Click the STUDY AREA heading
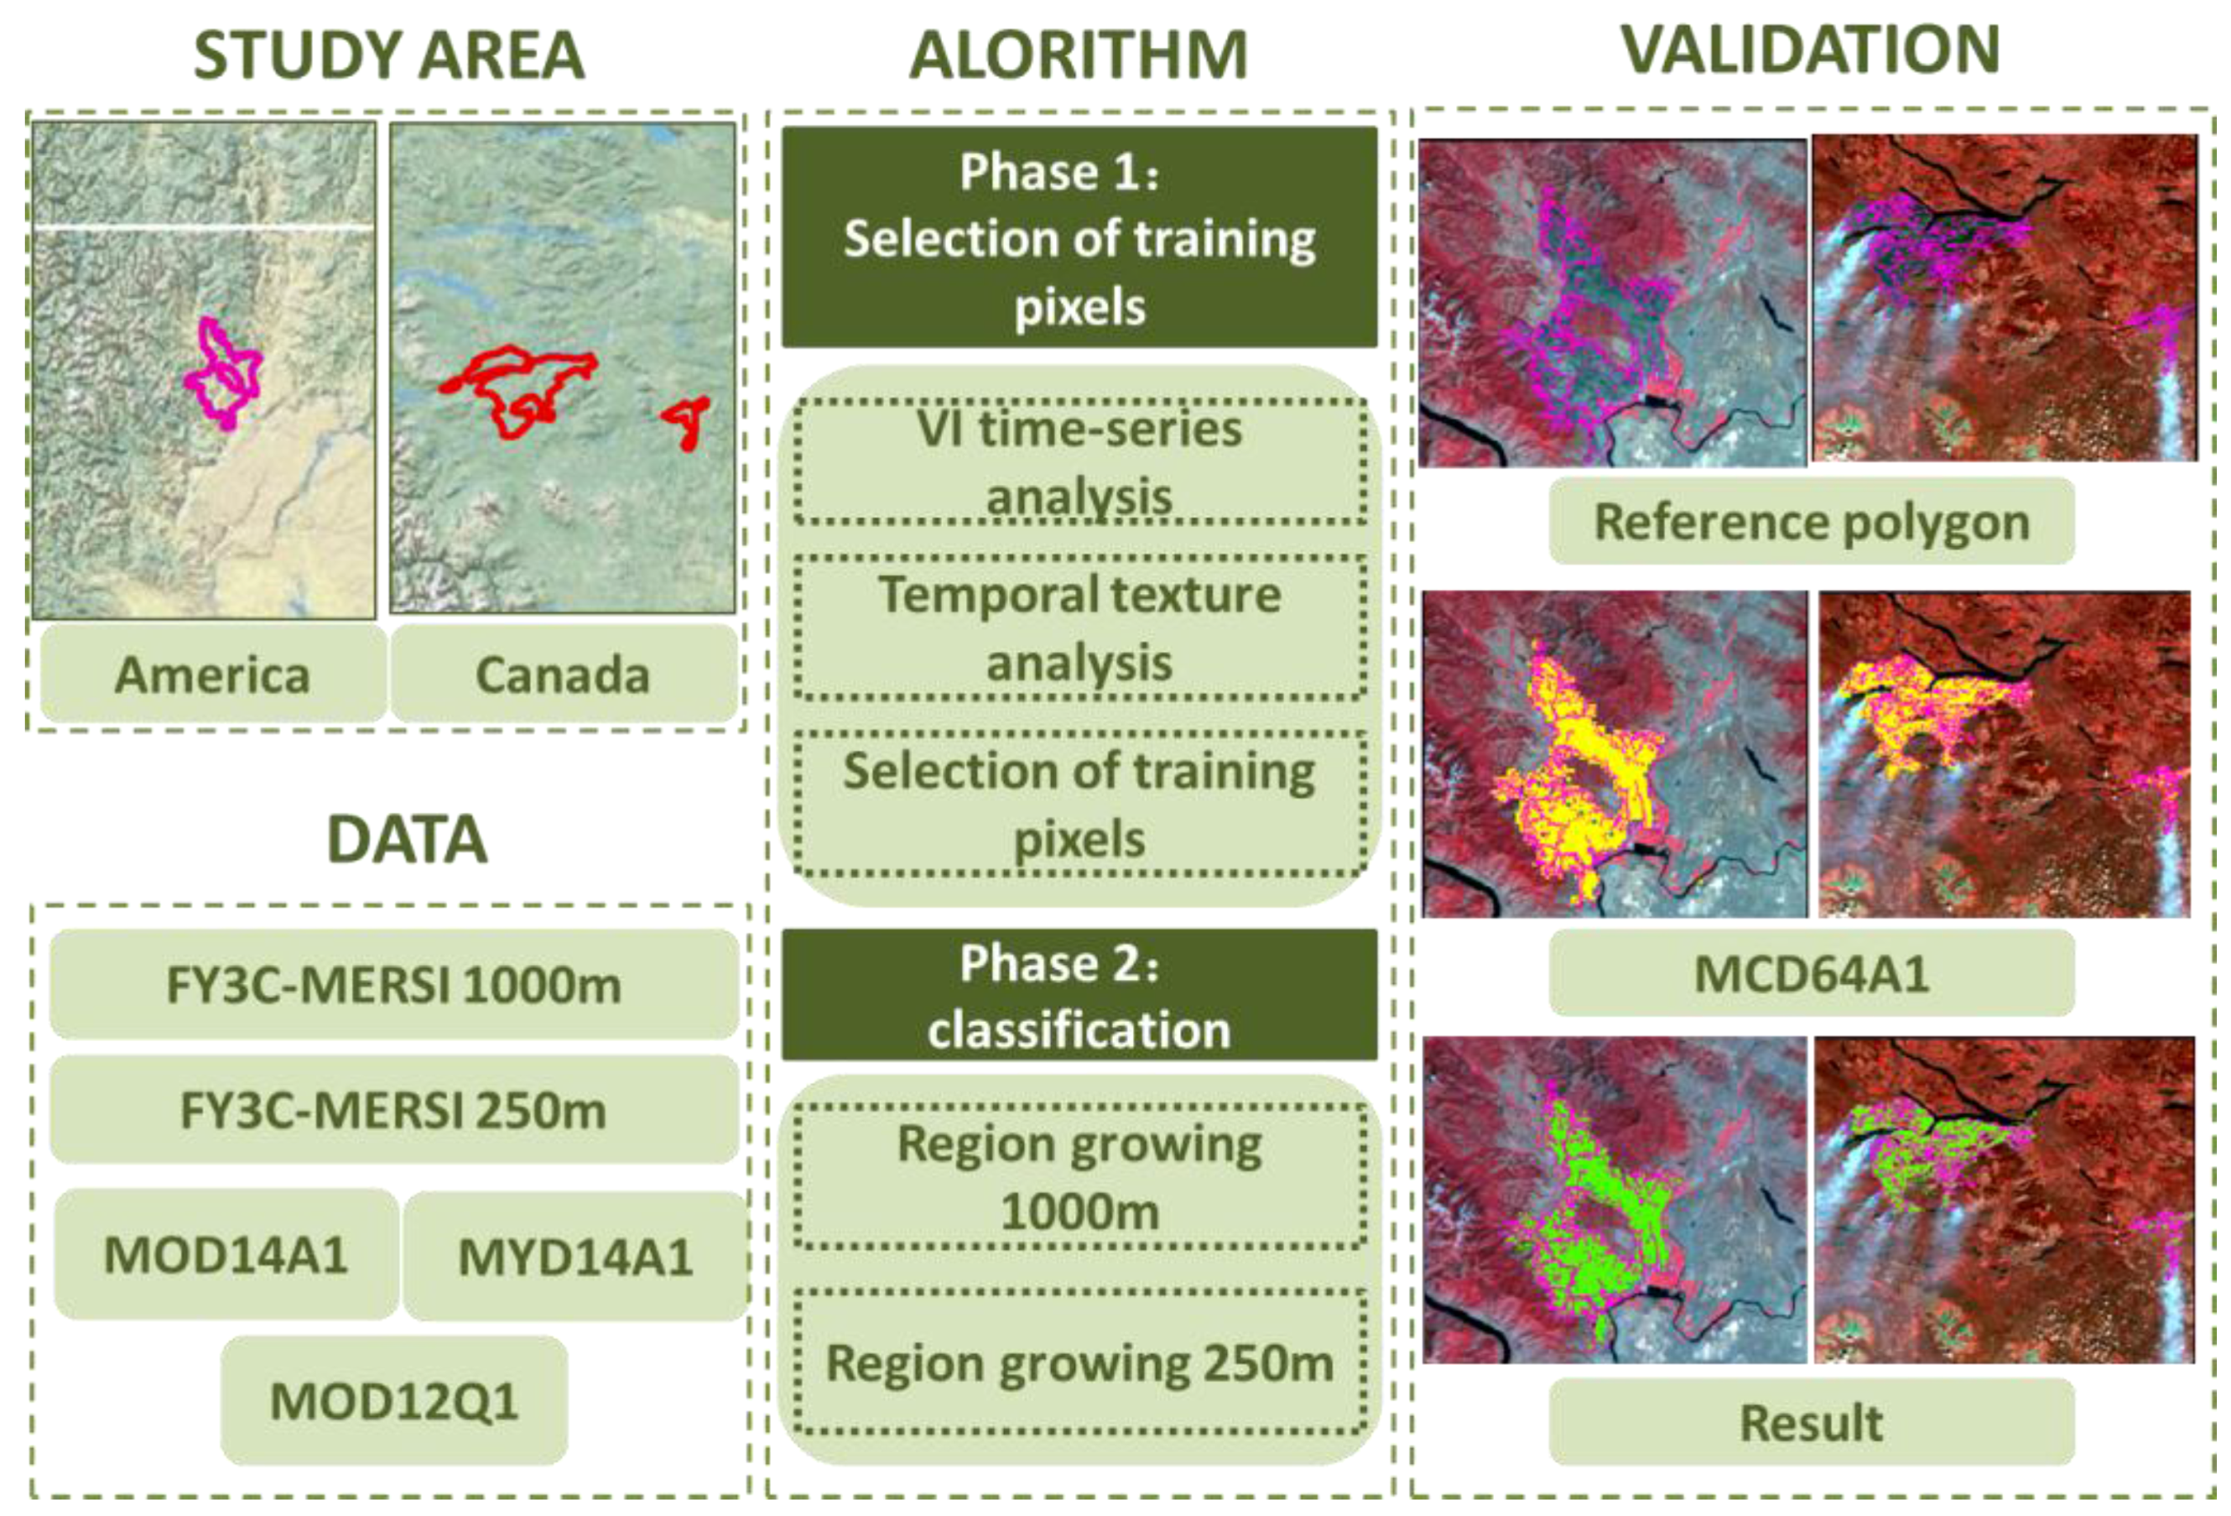click(389, 55)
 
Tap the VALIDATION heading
click(1811, 50)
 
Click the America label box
click(212, 674)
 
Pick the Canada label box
click(563, 674)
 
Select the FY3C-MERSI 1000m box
click(393, 984)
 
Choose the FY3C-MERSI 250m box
click(393, 1110)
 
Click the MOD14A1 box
click(226, 1255)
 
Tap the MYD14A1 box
click(575, 1257)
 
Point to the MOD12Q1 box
click(393, 1401)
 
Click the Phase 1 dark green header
click(1079, 237)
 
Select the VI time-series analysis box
click(1079, 461)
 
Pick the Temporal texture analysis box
click(1079, 628)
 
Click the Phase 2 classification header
click(1079, 996)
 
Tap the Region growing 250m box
click(1079, 1363)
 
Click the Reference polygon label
click(1812, 521)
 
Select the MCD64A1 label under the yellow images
click(1812, 973)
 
